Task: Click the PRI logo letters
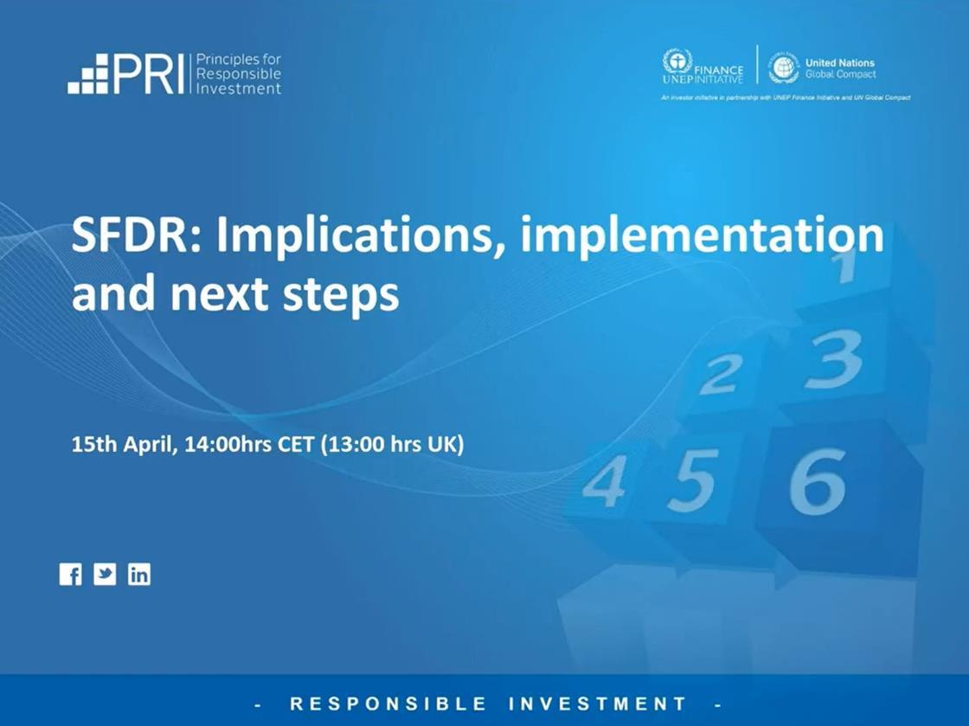click(148, 74)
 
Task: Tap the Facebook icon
click(70, 575)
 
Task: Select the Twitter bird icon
click(105, 575)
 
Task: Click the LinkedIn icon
click(139, 575)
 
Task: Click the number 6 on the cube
click(817, 481)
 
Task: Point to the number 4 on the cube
click(604, 481)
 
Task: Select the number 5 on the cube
click(692, 479)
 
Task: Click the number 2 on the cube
click(719, 375)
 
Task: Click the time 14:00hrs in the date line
click(228, 445)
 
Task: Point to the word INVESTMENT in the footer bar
click(598, 704)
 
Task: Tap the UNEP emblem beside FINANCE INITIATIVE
click(677, 62)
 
